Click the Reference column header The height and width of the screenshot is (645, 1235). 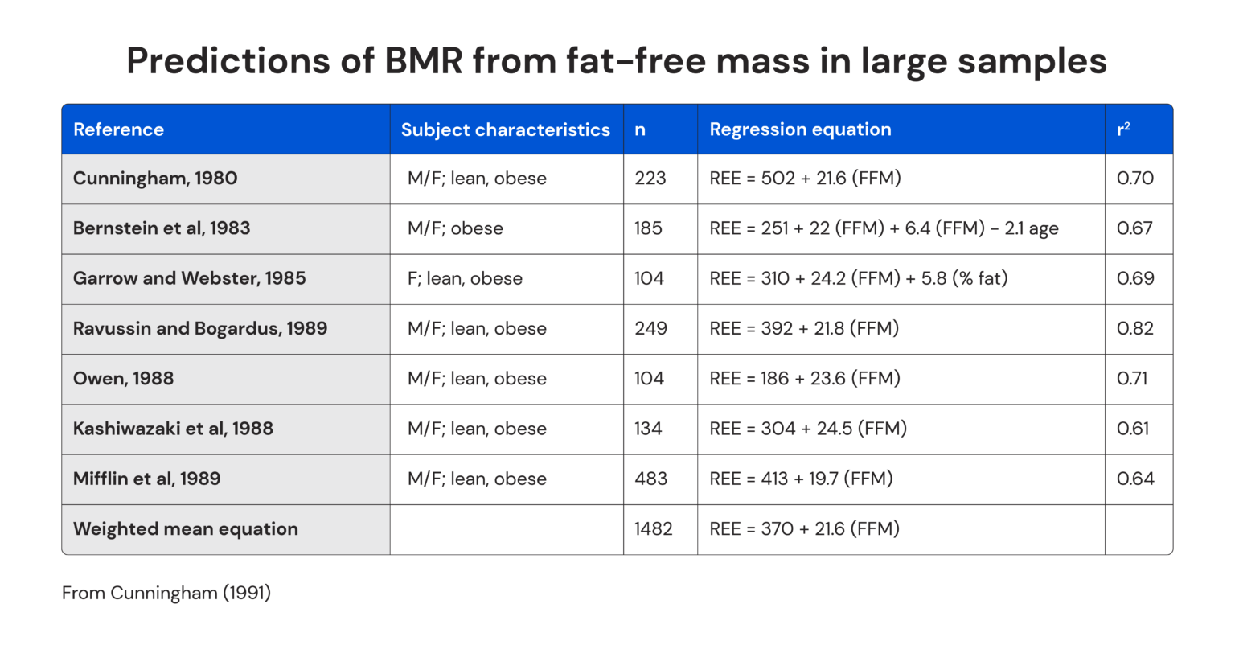tap(118, 129)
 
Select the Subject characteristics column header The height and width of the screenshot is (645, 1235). tap(505, 129)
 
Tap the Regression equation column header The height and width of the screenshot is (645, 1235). tap(800, 129)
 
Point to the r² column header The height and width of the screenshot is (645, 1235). tap(1123, 129)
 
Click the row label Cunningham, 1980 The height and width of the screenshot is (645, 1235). tap(155, 178)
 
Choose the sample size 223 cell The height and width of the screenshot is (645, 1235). tap(650, 178)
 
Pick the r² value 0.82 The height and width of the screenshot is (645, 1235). tap(1134, 328)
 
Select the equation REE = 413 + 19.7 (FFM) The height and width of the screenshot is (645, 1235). tap(801, 479)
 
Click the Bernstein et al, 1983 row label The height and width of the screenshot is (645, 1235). tap(162, 228)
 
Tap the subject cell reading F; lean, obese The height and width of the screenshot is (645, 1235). tap(465, 278)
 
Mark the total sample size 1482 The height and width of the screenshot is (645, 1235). tap(653, 528)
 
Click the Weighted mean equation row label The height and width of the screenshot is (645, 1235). tap(186, 528)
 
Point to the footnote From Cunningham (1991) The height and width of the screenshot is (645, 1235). tap(166, 593)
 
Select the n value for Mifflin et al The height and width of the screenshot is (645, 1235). tap(650, 479)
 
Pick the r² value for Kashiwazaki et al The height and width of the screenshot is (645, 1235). tap(1133, 429)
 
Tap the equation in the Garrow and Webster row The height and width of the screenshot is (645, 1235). tap(858, 278)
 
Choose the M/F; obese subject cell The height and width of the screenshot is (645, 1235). tap(455, 228)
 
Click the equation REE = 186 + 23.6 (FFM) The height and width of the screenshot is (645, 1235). tap(804, 378)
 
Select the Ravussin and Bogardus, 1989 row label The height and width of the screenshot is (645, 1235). tap(200, 328)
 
